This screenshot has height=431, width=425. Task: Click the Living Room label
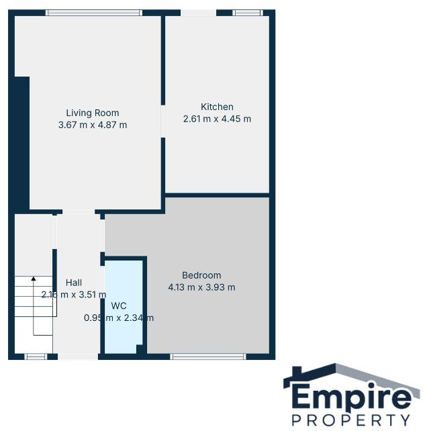point(93,113)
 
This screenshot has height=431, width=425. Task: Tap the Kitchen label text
point(217,107)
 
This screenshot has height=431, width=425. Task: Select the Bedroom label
point(201,275)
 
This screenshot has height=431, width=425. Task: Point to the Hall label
point(74,283)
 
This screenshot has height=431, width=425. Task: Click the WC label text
point(119,305)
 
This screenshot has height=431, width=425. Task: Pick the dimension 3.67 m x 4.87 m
point(93,125)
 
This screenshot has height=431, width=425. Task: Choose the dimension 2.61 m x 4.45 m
point(217,119)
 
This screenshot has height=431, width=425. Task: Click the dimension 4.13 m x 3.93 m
point(201,287)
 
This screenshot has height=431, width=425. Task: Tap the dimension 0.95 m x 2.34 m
point(119,318)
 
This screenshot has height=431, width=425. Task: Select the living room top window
point(94,12)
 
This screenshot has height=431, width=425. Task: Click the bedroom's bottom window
point(208,356)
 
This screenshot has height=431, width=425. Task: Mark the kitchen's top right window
point(247,12)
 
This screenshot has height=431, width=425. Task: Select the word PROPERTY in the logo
point(350,421)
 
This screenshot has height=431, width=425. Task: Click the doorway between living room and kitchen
point(162,121)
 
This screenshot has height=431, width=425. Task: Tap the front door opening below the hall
point(78,356)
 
